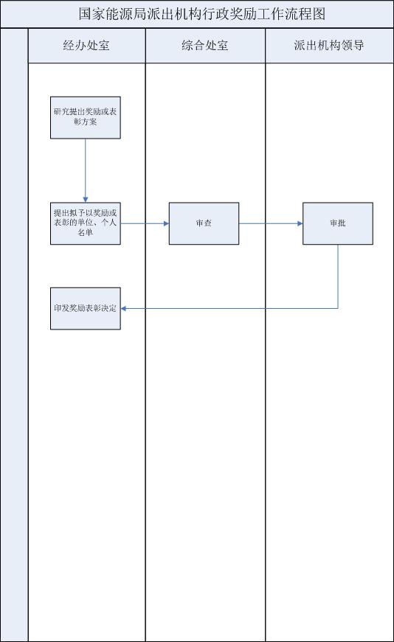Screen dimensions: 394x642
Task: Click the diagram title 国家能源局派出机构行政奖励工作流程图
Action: pos(202,14)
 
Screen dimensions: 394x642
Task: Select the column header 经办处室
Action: pos(86,46)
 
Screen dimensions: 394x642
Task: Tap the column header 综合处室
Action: pos(204,46)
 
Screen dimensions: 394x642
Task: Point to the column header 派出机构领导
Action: pos(329,46)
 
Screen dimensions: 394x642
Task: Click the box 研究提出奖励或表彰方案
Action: pos(86,117)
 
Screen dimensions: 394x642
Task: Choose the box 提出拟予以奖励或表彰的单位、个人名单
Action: pos(86,223)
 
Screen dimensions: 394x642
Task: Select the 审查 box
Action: pos(204,223)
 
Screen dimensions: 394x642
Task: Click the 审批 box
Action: pos(338,223)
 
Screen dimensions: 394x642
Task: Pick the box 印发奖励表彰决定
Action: pos(86,308)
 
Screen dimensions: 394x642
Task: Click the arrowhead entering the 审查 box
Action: pos(167,223)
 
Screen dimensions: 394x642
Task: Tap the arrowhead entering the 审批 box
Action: pos(300,223)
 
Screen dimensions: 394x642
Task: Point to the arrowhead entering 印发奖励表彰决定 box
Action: pos(123,308)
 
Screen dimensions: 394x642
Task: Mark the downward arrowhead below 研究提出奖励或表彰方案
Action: pos(86,200)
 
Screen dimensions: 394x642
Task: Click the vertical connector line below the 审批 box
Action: pos(338,276)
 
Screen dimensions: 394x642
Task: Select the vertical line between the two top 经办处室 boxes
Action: pos(86,170)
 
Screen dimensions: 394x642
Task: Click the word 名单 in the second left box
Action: pos(86,233)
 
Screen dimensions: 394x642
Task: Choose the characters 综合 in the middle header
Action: pos(193,46)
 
